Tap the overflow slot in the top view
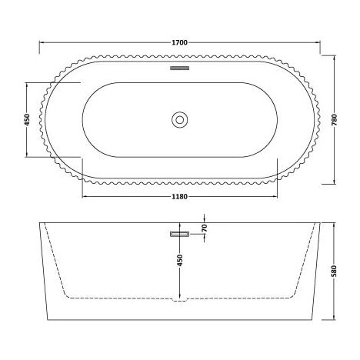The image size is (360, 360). tap(179, 68)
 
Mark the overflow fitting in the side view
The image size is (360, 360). tap(179, 232)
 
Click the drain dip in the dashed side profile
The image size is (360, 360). tap(179, 300)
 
